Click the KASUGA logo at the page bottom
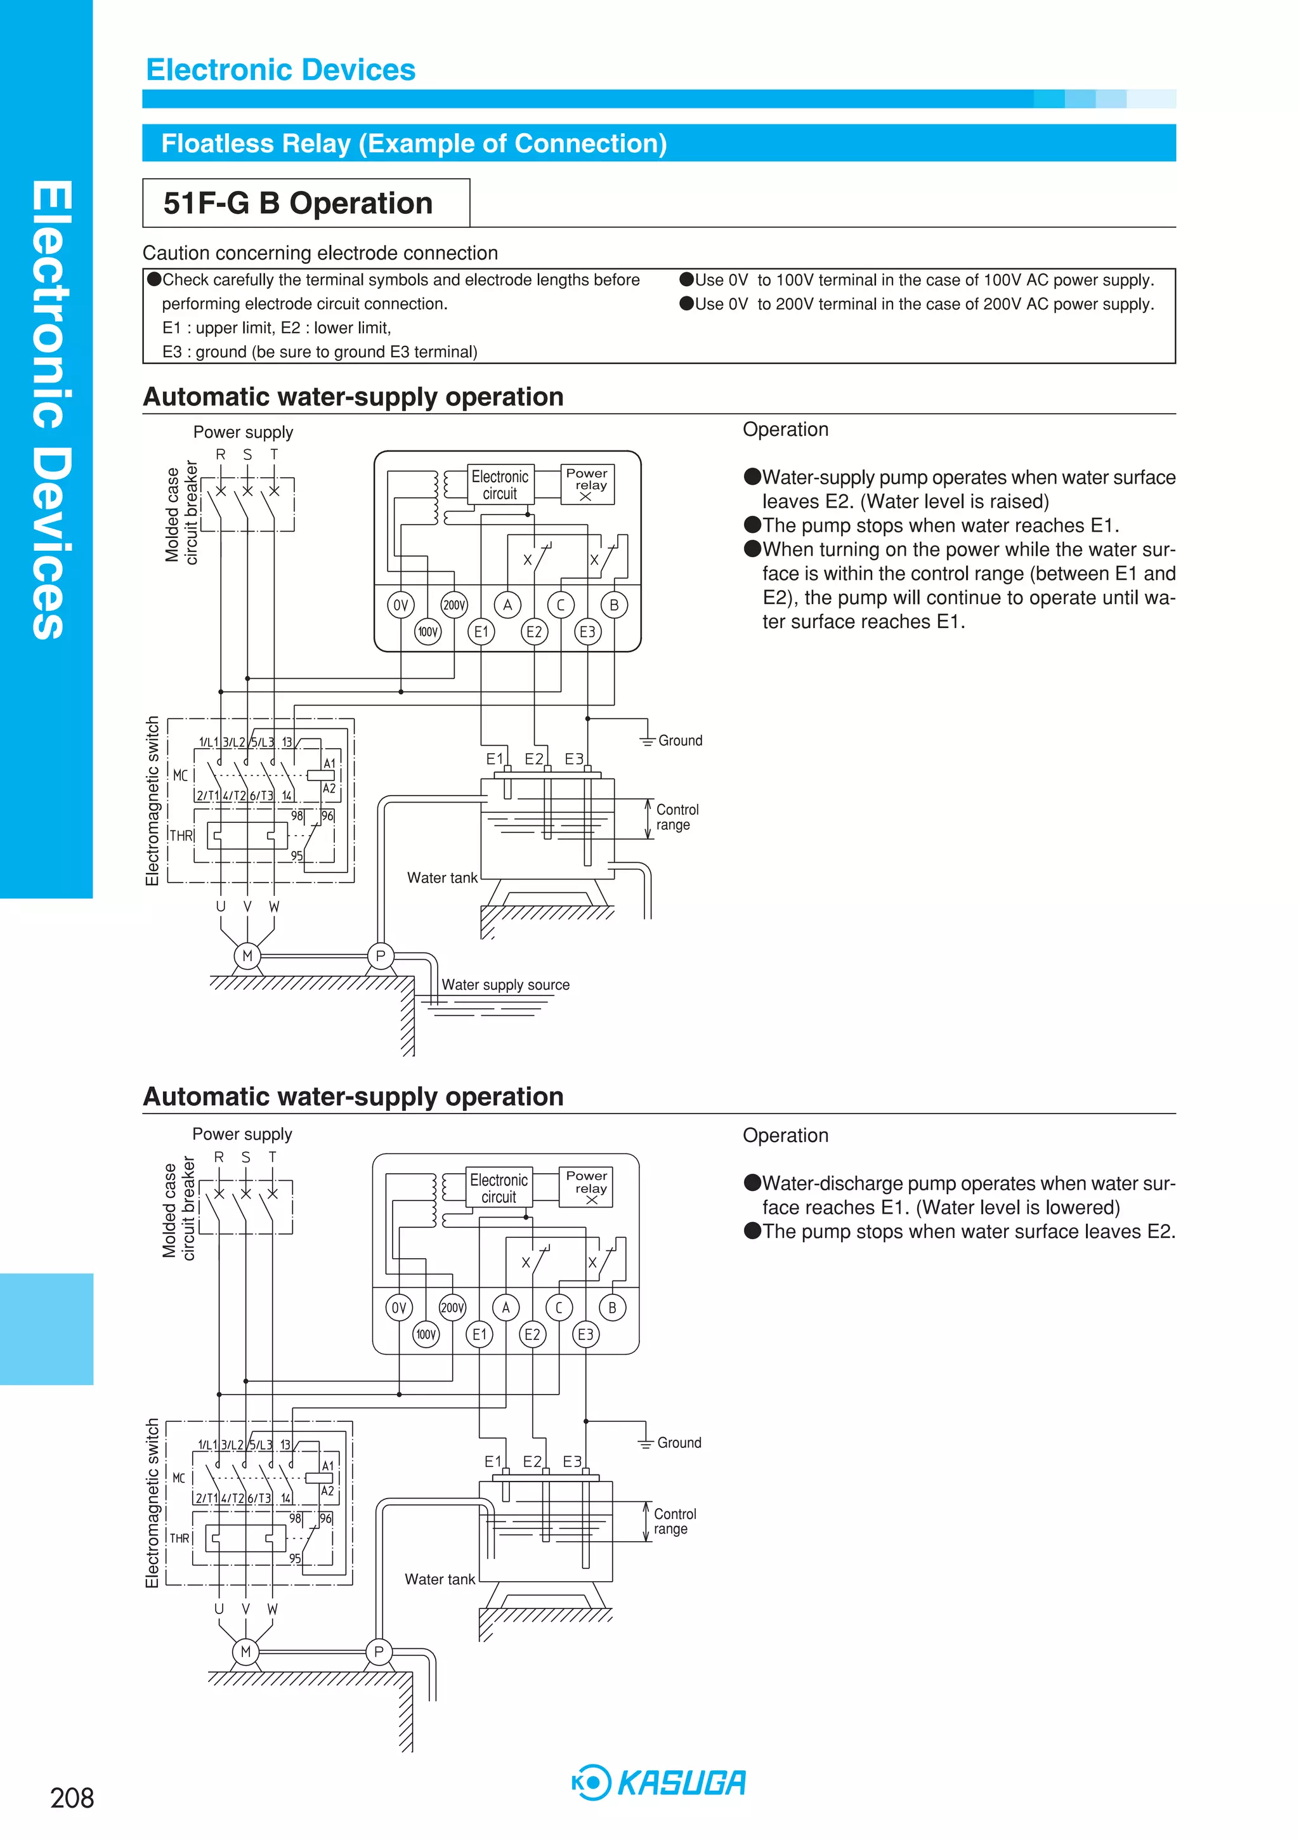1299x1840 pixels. pyautogui.click(x=659, y=1782)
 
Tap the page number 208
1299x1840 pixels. pyautogui.click(x=72, y=1797)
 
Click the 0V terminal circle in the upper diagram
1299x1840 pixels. pyautogui.click(x=401, y=605)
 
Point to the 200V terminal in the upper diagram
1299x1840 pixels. pyautogui.click(x=454, y=605)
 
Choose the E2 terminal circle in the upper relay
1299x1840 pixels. pyautogui.click(x=533, y=631)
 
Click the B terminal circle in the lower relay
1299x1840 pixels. pyautogui.click(x=612, y=1308)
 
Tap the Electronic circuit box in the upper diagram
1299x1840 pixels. pyautogui.click(x=500, y=485)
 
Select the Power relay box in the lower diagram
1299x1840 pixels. pyautogui.click(x=586, y=1186)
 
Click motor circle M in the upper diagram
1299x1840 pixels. pyautogui.click(x=247, y=956)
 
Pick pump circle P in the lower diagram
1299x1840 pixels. pyautogui.click(x=379, y=1651)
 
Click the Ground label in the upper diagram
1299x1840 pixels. pyautogui.click(x=679, y=740)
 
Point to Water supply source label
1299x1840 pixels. pyautogui.click(x=506, y=985)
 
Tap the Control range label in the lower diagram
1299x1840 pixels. pyautogui.click(x=674, y=1521)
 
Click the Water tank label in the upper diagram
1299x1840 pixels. pyautogui.click(x=441, y=877)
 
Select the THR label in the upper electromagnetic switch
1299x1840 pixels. pyautogui.click(x=182, y=835)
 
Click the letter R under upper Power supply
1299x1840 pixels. pyautogui.click(x=220, y=454)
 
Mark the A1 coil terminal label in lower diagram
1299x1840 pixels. pyautogui.click(x=328, y=1466)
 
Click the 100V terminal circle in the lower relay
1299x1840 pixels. pyautogui.click(x=426, y=1334)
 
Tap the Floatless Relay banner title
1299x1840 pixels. pyautogui.click(x=414, y=143)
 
